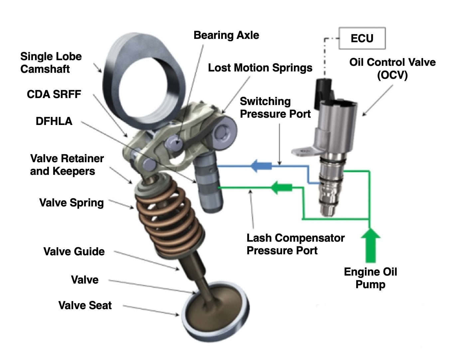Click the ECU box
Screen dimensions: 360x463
coord(362,39)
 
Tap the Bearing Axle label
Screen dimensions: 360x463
coord(226,35)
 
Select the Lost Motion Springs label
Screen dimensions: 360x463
coord(260,68)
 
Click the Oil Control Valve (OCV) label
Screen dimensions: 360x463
coord(392,68)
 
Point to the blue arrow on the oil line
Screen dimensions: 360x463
coord(261,165)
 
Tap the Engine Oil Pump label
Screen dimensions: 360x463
coord(370,278)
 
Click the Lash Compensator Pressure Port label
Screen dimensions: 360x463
coord(295,244)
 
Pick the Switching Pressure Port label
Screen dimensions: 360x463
coord(275,107)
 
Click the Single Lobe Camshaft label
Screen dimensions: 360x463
coord(51,62)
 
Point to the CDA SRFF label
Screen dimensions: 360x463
coord(54,94)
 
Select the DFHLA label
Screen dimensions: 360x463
coord(54,121)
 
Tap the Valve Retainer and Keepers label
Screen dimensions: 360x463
coord(67,165)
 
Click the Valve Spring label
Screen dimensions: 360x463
coord(72,202)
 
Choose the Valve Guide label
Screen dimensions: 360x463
coord(74,251)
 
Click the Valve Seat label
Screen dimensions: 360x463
coord(85,305)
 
